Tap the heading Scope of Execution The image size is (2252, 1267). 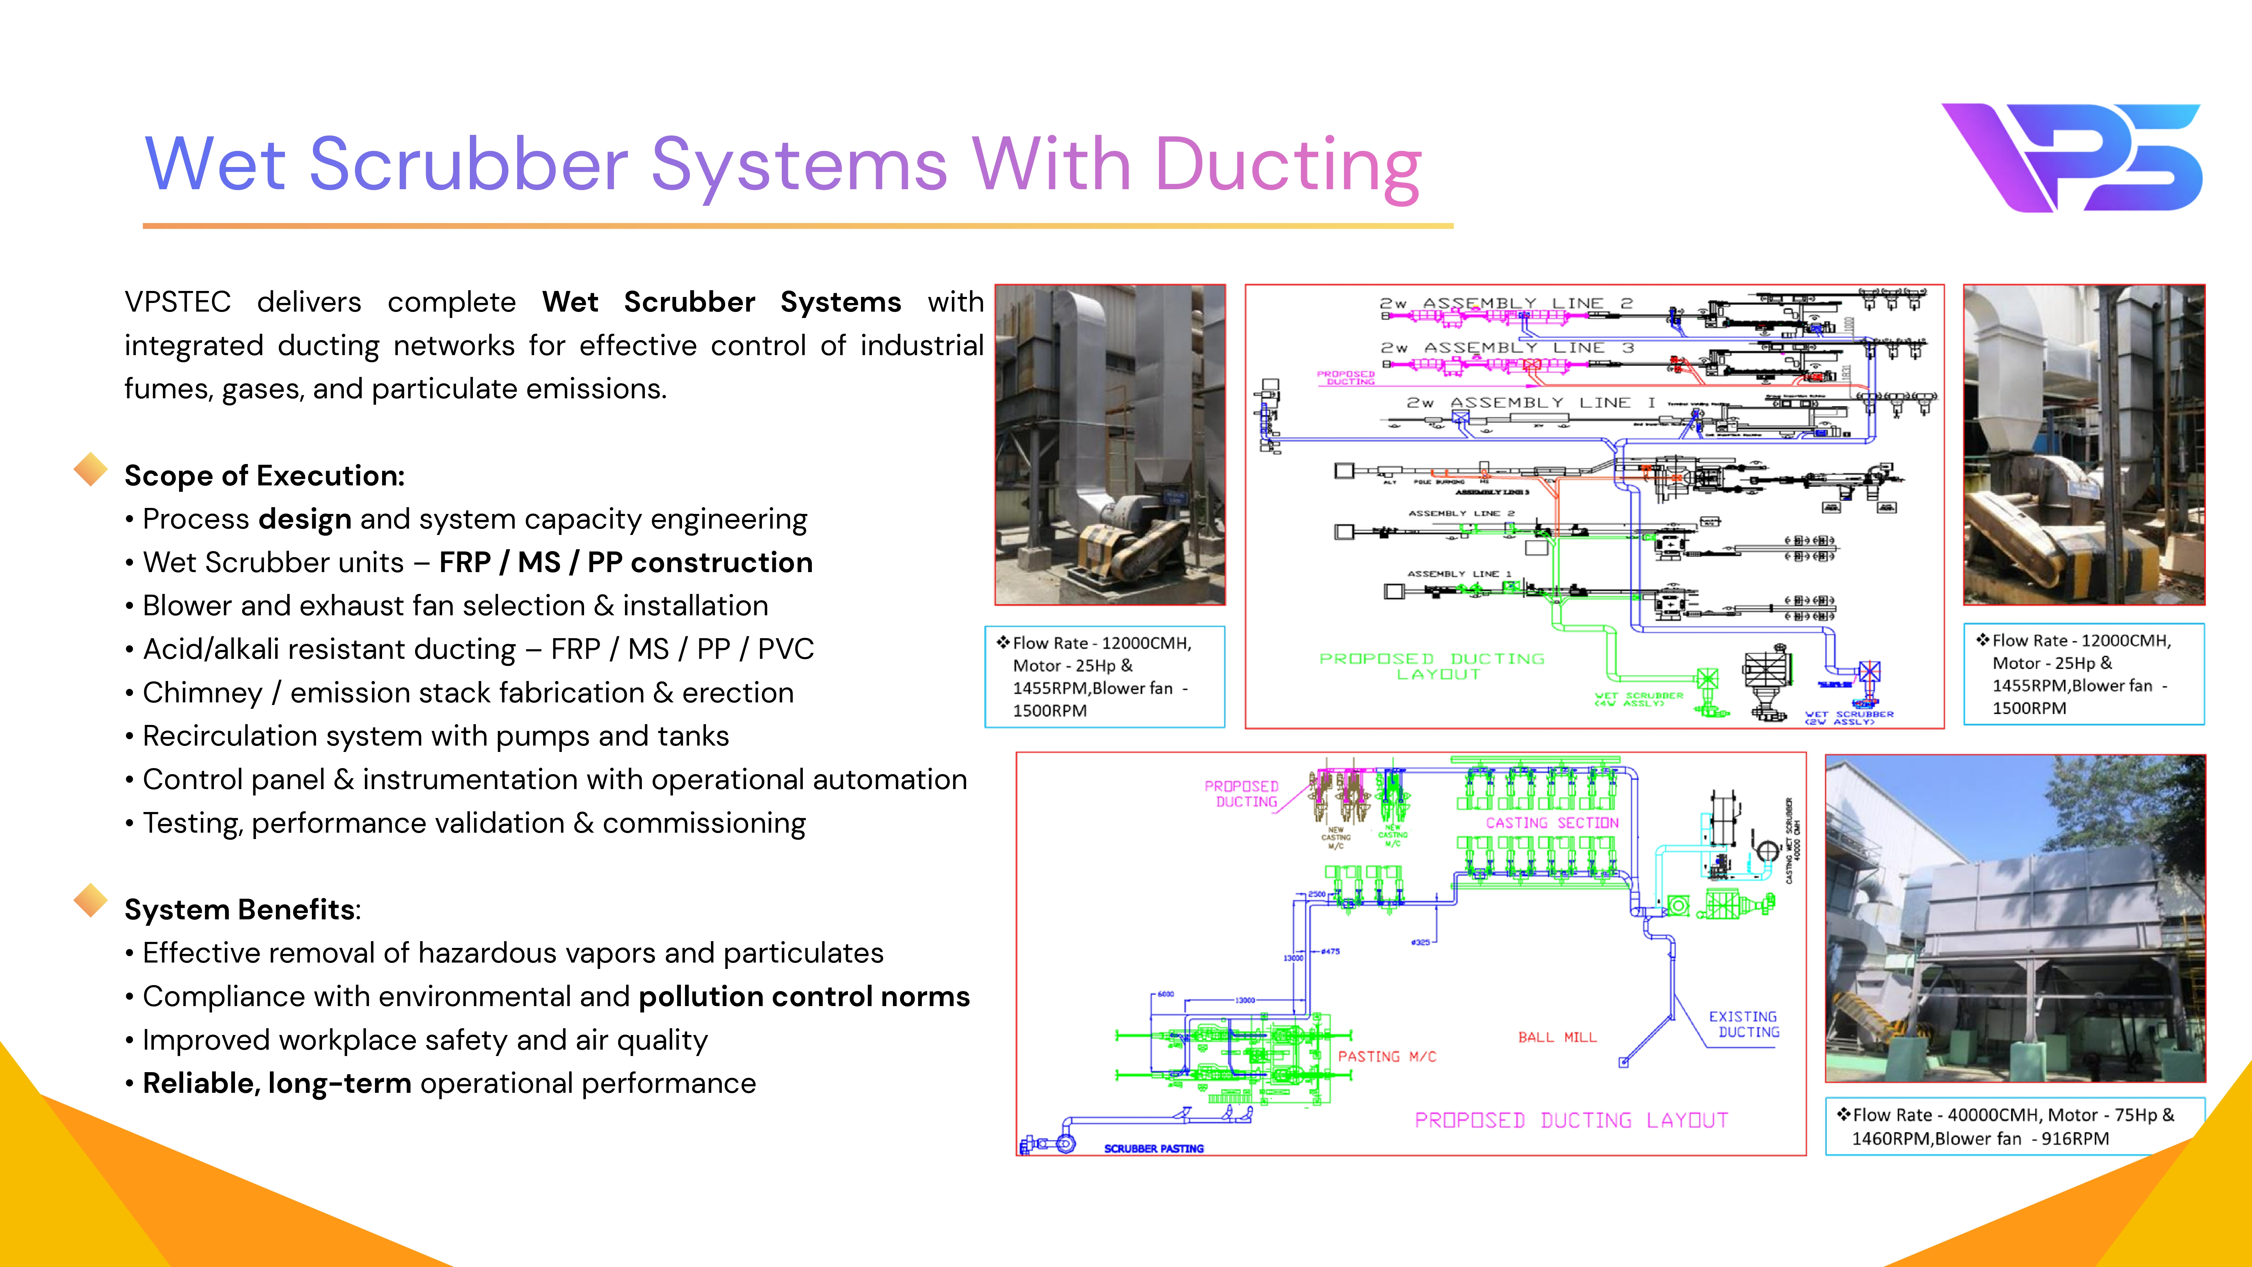[x=264, y=476]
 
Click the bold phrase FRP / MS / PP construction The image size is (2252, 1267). [x=626, y=562]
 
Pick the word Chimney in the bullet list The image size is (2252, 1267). [x=202, y=693]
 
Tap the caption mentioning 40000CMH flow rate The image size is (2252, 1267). [x=2013, y=1126]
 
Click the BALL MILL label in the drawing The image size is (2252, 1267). [x=1557, y=1037]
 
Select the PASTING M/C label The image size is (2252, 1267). [x=1386, y=1056]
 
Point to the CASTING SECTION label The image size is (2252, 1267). [x=1552, y=823]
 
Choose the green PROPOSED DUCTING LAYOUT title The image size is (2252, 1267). [x=1431, y=666]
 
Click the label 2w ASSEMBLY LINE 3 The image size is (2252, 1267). [x=1506, y=348]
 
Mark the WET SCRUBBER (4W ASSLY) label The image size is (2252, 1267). [x=1638, y=699]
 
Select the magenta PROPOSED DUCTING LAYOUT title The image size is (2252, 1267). [x=1571, y=1120]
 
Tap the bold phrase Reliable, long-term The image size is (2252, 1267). [x=276, y=1083]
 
